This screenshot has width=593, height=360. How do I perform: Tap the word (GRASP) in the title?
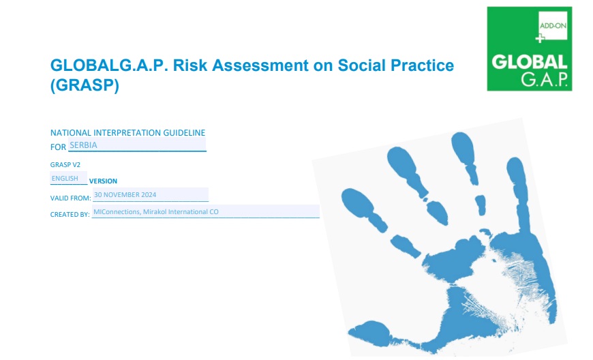[85, 85]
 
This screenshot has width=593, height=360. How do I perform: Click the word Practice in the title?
[422, 65]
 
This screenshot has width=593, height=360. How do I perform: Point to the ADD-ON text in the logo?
[553, 26]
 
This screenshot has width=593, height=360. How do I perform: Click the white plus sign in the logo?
[540, 38]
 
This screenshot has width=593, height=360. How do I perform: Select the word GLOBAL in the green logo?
[530, 63]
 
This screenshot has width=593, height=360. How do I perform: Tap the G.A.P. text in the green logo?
[544, 79]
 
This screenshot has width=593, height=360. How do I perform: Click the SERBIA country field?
[137, 145]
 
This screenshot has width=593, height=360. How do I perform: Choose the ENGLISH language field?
[68, 178]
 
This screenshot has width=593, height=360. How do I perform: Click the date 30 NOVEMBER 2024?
[151, 195]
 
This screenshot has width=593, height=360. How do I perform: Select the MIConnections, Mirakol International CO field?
[206, 212]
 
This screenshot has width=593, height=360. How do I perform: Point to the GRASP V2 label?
[65, 165]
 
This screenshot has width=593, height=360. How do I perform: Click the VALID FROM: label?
[71, 198]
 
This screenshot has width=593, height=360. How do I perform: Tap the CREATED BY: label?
[70, 214]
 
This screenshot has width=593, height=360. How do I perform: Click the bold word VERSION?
[103, 181]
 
